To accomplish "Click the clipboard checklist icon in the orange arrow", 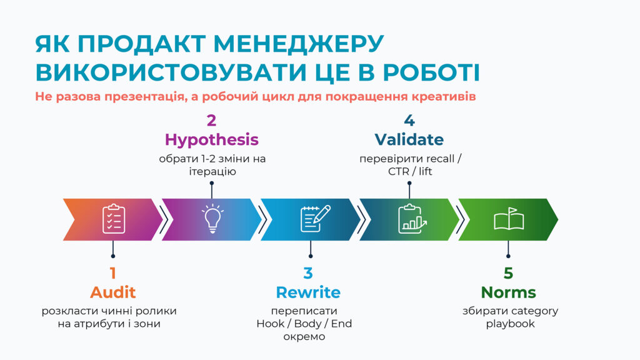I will pos(113,219).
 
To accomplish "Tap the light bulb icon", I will pos(212,219).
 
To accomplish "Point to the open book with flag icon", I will pos(508,219).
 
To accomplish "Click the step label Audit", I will pos(113,292).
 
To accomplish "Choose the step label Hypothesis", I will pos(211,139).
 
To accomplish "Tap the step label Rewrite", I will pos(308,292).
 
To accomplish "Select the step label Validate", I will pos(409,139).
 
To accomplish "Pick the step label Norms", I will pos(508,292).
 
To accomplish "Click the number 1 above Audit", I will pos(113,273).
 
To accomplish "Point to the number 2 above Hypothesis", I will pos(211,121).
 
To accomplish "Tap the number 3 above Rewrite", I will pos(308,273).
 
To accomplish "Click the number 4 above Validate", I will pos(409,121).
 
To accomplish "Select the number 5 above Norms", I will pos(508,273).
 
